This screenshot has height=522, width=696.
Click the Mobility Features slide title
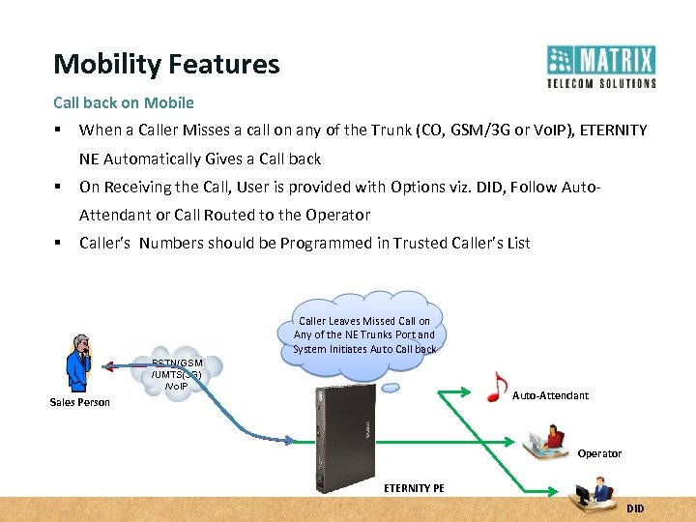pyautogui.click(x=166, y=65)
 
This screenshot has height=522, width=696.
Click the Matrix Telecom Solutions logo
pyautogui.click(x=600, y=67)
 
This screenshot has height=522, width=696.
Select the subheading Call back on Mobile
pyautogui.click(x=124, y=102)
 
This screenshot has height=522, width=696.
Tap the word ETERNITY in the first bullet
pyautogui.click(x=613, y=130)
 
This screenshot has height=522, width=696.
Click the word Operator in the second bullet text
pyautogui.click(x=340, y=215)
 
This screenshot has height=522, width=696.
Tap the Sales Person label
pyautogui.click(x=79, y=402)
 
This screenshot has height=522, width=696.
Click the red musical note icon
pyautogui.click(x=496, y=386)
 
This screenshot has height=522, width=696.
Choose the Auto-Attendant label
pyautogui.click(x=549, y=395)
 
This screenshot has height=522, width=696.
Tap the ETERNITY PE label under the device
pyautogui.click(x=414, y=488)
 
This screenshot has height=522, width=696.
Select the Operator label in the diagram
pyautogui.click(x=599, y=453)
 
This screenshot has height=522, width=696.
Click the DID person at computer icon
pyautogui.click(x=591, y=495)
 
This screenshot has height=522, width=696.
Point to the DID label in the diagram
pyautogui.click(x=634, y=508)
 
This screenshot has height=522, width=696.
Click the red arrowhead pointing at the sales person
pyautogui.click(x=111, y=365)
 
